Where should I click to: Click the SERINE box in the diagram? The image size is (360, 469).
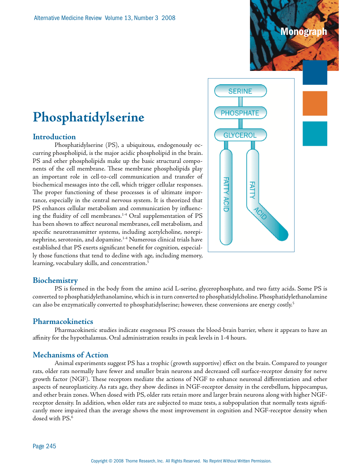pos(240,91)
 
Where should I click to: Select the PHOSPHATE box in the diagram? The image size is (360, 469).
pos(240,113)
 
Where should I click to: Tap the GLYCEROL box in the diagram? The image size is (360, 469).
pos(240,135)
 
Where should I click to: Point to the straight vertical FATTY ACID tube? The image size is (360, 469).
pos(226,196)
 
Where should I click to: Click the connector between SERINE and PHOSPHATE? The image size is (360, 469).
pos(240,102)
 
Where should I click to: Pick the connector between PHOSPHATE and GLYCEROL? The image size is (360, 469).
pos(240,124)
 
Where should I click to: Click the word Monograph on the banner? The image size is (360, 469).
pos(304,32)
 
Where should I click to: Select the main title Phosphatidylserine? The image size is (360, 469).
pos(88,117)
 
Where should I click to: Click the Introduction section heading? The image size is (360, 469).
pos(54,137)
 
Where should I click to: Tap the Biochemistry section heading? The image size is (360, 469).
pos(55,280)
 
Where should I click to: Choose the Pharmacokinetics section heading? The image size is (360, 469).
pos(63,321)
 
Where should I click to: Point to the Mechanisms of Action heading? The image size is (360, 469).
pos(71,355)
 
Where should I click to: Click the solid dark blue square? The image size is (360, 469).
pos(315,73)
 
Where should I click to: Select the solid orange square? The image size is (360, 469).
pos(315,103)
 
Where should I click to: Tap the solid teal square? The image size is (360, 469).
pos(315,133)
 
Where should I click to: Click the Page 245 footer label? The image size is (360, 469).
pos(44,446)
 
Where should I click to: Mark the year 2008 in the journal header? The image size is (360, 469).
pos(168,18)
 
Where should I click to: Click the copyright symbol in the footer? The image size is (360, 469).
pos(111,461)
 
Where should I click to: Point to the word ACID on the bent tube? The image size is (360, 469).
pos(260,213)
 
